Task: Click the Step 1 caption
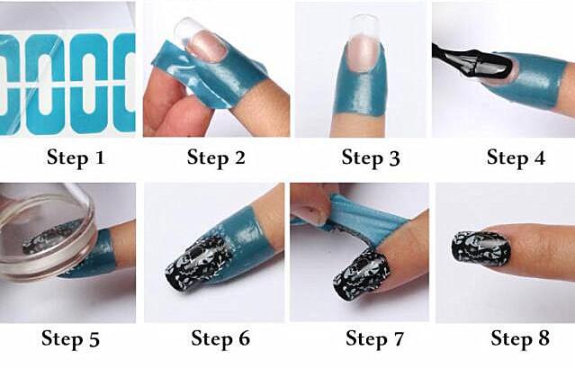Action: tap(76, 157)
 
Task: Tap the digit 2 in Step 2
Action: tap(239, 157)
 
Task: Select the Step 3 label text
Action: tap(371, 157)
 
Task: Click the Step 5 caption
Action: tap(70, 338)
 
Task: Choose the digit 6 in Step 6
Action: tap(244, 337)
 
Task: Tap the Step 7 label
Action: tap(374, 338)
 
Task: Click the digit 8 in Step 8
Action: tap(544, 337)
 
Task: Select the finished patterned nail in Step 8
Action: tap(481, 249)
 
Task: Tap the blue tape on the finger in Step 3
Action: tap(362, 86)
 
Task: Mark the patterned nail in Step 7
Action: tap(361, 274)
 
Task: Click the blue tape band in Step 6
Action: tap(245, 238)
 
